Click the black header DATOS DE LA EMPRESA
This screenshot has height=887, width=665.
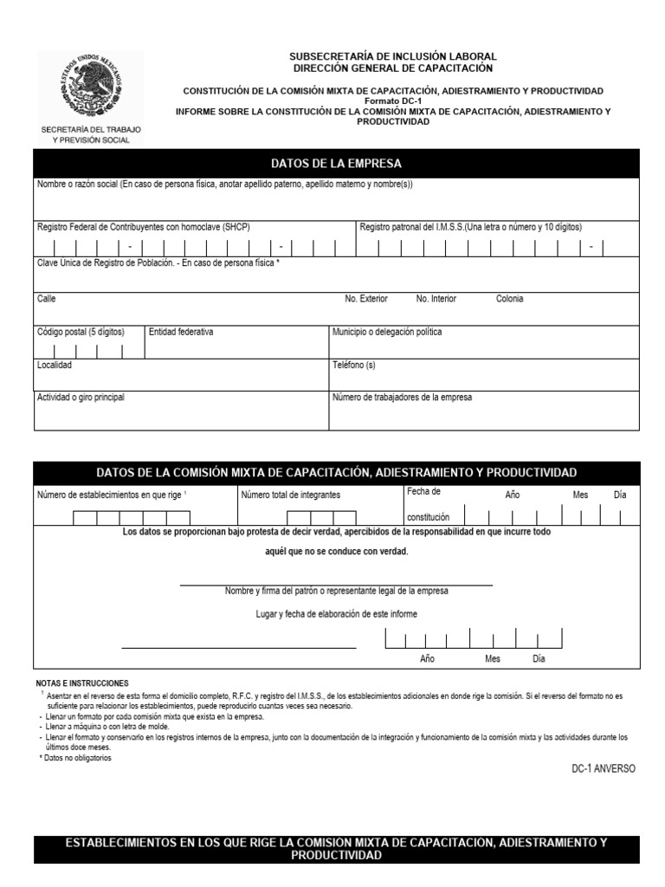click(x=336, y=164)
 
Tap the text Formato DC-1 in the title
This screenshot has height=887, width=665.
click(x=392, y=101)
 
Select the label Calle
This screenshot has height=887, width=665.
click(x=46, y=299)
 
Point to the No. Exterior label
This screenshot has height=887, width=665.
click(x=365, y=299)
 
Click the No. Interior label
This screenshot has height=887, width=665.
click(x=436, y=299)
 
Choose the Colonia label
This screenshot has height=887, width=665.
click(x=509, y=299)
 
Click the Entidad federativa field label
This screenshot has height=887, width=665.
click(x=181, y=332)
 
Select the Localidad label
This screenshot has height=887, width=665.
click(x=55, y=365)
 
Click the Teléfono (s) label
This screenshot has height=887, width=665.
click(x=354, y=365)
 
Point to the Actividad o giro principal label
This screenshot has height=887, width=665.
click(x=81, y=398)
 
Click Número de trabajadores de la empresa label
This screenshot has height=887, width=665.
click(x=403, y=398)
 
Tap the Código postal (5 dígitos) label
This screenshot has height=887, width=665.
click(x=81, y=332)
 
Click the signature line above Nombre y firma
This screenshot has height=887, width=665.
click(x=336, y=586)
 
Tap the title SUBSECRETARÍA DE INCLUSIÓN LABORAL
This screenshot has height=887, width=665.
click(x=392, y=56)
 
